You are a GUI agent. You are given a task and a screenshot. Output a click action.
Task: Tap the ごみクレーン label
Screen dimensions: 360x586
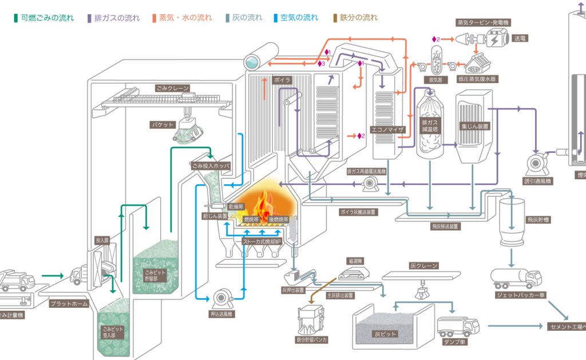[172, 89]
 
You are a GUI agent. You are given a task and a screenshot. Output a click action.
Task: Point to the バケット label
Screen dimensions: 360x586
[162, 124]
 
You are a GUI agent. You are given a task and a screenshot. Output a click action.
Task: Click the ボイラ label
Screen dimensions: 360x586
[283, 79]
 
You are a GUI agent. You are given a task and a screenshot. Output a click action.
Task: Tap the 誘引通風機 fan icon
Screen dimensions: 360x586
[536, 163]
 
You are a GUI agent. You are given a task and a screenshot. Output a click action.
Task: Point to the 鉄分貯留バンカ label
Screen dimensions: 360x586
[312, 340]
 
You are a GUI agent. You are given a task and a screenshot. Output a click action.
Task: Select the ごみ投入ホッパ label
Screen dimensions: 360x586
[211, 165]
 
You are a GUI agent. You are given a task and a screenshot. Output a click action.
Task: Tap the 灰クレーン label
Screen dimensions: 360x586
[423, 266]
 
